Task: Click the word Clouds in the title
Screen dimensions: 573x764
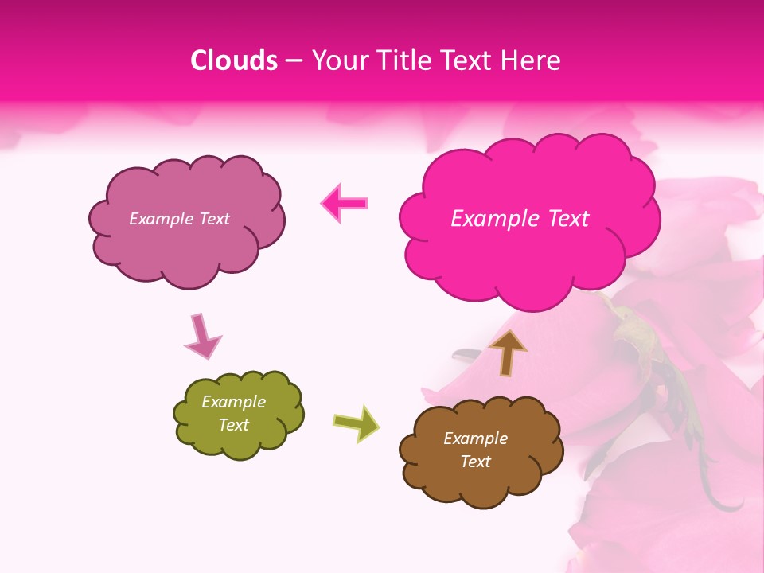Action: click(234, 60)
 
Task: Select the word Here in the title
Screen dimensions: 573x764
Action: click(532, 60)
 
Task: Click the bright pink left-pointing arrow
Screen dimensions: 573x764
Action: click(345, 204)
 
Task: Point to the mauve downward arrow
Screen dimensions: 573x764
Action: click(202, 336)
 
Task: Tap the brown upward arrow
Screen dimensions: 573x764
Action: click(508, 353)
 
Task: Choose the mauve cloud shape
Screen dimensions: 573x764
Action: click(186, 247)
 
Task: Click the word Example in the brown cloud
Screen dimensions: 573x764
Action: click(475, 439)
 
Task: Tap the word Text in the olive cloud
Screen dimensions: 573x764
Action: click(234, 425)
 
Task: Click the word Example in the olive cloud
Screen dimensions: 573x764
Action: click(234, 402)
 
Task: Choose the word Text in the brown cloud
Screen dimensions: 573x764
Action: click(475, 462)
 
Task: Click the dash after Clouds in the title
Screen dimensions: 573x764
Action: click(294, 60)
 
